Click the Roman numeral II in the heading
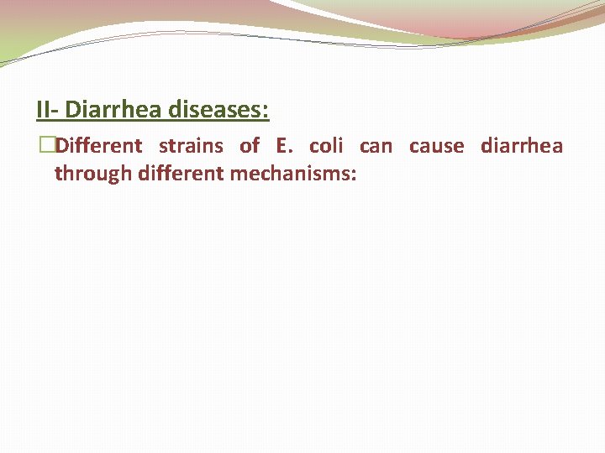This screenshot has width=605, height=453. pos(44,110)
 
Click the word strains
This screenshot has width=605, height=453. pos(191,146)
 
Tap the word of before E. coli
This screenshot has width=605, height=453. pos(250,146)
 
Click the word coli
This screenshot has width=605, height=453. pos(326,146)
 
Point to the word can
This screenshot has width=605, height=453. pos(376,146)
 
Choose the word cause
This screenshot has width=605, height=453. pos(436,146)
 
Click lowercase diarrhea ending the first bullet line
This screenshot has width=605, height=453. pos(521,146)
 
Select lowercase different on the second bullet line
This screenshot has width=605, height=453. pos(177,174)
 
